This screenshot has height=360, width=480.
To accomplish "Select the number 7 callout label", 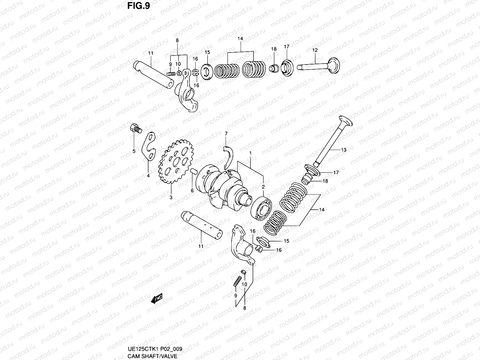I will coord(226,133).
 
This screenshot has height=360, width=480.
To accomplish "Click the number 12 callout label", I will coord(315,50).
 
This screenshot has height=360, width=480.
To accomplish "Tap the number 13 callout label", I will coord(343,150).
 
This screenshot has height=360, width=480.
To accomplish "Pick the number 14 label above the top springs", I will coord(240,39).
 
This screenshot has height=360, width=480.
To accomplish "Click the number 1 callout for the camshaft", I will coord(250,153).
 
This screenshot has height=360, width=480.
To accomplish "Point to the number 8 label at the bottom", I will coord(244,307).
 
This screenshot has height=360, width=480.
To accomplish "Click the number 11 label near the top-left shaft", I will coord(151,53).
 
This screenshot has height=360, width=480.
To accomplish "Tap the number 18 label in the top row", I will coord(274,49).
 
